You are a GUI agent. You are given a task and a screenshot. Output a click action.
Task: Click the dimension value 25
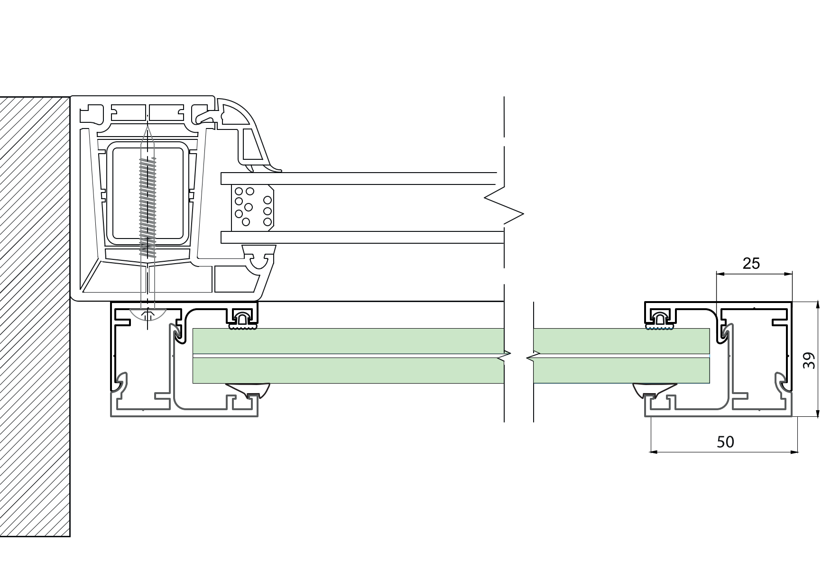[x=751, y=263]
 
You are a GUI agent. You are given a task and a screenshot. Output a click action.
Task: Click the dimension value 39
[x=809, y=360]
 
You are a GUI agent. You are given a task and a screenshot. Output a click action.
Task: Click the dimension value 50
[x=725, y=442]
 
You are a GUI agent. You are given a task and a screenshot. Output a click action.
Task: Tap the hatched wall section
[x=35, y=317]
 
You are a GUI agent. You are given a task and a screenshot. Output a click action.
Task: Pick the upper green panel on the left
[x=348, y=341]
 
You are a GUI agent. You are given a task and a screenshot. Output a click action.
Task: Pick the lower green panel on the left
[x=348, y=370]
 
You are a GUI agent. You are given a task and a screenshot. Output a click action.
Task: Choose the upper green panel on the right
[x=621, y=341]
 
